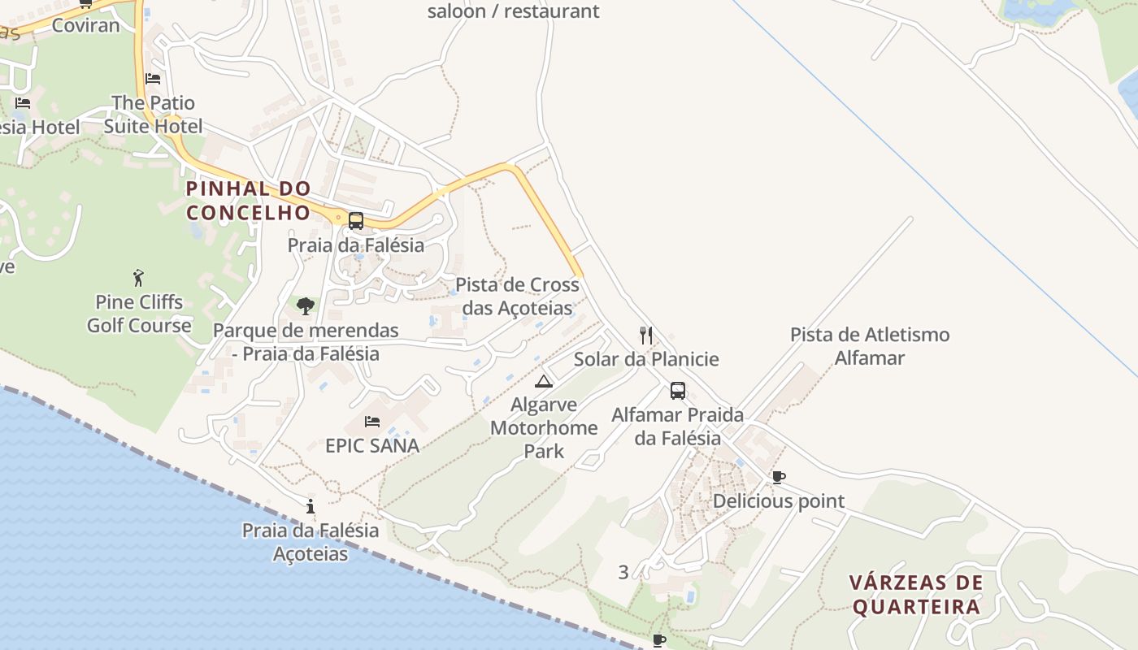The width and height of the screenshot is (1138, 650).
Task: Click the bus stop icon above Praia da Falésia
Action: click(356, 221)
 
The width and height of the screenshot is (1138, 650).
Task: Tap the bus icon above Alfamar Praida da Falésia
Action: click(677, 391)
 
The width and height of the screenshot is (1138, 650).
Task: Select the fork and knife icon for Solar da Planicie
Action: click(646, 336)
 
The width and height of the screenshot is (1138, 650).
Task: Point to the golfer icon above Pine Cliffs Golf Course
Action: click(139, 278)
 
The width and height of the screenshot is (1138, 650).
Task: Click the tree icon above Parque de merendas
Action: click(306, 306)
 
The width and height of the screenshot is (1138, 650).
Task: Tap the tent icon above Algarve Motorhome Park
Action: click(544, 381)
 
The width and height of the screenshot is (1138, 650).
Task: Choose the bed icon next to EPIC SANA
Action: click(372, 421)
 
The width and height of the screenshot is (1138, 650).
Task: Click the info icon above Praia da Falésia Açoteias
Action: click(311, 506)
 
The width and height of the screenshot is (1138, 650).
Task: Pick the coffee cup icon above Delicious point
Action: click(778, 477)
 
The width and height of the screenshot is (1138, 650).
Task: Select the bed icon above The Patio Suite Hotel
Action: click(153, 79)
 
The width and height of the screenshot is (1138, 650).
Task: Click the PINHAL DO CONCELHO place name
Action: click(248, 201)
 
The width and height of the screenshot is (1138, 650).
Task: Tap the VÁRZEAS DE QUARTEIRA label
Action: click(916, 595)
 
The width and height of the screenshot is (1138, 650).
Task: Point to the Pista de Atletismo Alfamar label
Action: click(870, 346)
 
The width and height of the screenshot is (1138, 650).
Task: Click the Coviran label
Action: click(85, 25)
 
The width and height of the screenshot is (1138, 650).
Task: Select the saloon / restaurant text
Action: click(513, 11)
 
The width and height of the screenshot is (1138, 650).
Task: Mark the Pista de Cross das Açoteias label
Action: click(518, 297)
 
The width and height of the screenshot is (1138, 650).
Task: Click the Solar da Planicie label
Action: click(646, 359)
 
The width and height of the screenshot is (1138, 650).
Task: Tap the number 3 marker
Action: click(623, 572)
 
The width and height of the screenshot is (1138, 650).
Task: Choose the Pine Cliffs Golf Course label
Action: click(139, 314)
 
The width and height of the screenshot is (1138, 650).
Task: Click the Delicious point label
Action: click(779, 501)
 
